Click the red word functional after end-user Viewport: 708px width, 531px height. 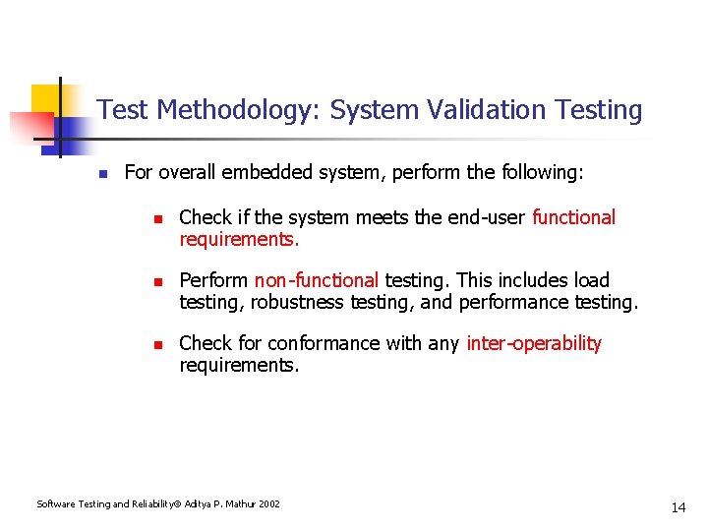[573, 217]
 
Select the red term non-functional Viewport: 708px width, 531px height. [316, 280]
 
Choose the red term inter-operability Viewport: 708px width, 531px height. [533, 343]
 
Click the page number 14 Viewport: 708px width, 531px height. [678, 507]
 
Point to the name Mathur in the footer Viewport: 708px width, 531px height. [239, 504]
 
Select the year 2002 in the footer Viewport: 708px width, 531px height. [269, 504]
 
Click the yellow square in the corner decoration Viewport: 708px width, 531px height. [44, 98]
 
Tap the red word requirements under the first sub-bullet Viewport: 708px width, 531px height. [239, 239]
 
